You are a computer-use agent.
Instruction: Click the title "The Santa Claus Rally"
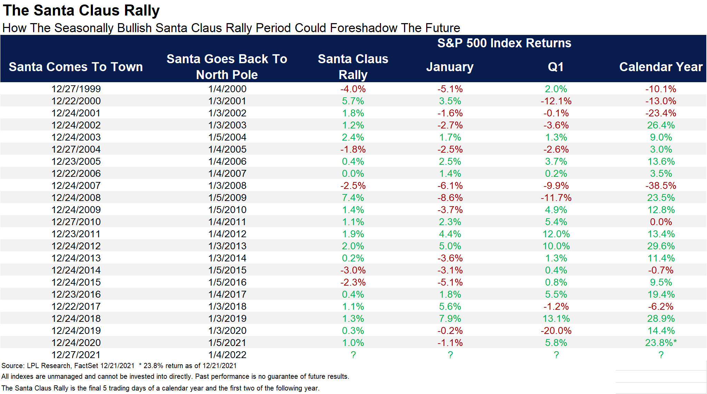coord(81,10)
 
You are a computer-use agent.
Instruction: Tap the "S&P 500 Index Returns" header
coord(504,43)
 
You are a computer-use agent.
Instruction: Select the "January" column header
coord(450,67)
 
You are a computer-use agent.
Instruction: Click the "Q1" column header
coord(556,67)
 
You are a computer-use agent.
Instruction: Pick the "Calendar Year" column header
coord(661,67)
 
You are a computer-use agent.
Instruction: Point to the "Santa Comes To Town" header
coord(76,67)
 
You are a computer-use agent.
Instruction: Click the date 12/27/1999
coord(76,89)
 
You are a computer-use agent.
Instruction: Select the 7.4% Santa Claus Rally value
coord(353,198)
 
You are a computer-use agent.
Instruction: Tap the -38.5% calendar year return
coord(661,185)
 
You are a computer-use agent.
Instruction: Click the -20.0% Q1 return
coord(556,330)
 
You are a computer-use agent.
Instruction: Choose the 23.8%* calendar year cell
coord(661,343)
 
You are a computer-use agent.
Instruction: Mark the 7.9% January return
coord(450,318)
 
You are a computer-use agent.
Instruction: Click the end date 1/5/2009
coord(227,198)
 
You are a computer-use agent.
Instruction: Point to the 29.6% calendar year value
coord(661,246)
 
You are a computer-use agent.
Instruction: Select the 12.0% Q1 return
coord(556,234)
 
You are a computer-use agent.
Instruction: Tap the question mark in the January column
coord(450,355)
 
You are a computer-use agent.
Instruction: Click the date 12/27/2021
coord(76,355)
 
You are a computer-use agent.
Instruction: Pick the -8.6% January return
coord(450,198)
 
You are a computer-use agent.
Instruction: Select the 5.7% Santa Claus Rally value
coord(353,101)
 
